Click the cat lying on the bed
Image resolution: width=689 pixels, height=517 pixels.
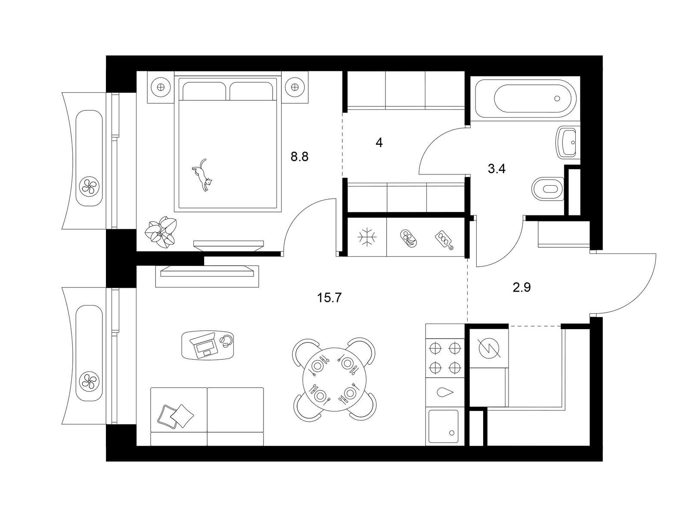point(202,174)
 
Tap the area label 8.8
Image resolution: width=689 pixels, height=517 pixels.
point(299,156)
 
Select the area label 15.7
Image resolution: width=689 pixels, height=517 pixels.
point(329,298)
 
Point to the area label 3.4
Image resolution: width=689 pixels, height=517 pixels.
point(497,169)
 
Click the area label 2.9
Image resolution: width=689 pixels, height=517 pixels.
point(521,287)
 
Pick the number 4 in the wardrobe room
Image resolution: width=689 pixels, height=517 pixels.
point(379,143)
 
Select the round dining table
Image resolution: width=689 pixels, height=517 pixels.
point(334,379)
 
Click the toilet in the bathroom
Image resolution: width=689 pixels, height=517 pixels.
point(548,189)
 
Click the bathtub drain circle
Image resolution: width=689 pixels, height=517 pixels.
point(557,99)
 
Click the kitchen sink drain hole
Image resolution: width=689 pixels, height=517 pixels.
point(452,433)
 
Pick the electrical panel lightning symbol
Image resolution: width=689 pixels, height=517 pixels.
point(489,348)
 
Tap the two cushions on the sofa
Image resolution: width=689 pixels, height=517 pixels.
point(175,416)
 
